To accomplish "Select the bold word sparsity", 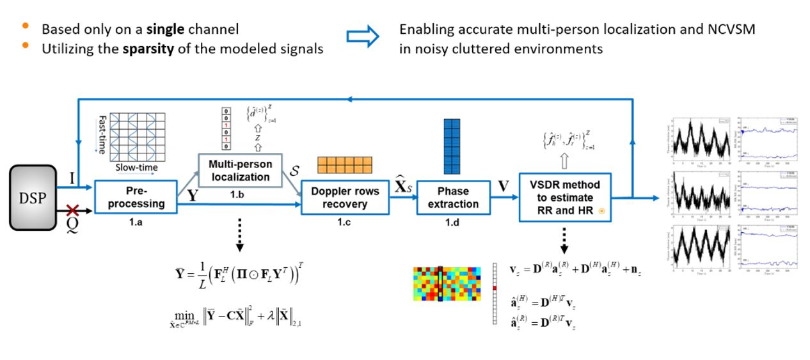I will pyautogui.click(x=150, y=48).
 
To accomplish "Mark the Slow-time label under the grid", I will pyautogui.click(x=136, y=168).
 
